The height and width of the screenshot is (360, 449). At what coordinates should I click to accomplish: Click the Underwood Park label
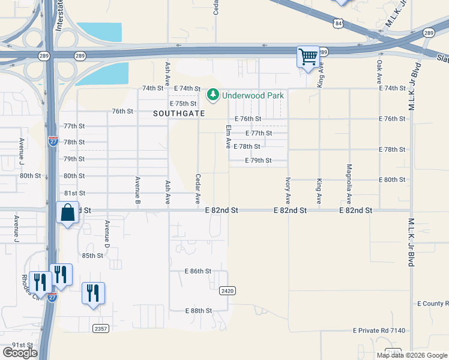point(253,95)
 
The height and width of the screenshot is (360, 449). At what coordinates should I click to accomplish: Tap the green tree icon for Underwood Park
point(212,95)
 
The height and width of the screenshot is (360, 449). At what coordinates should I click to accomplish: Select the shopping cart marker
point(308,58)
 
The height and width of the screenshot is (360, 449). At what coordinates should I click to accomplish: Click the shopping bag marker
point(67,213)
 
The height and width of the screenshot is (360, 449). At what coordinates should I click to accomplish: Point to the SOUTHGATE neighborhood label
point(179,113)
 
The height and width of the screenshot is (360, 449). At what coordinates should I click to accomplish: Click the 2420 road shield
point(227,290)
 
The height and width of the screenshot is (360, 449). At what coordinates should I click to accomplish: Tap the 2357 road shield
point(101,328)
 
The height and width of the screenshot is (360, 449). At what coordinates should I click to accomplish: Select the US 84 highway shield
point(340,24)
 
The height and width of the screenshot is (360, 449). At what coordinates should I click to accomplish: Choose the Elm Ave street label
point(228,137)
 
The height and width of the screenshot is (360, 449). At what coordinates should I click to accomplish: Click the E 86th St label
point(199,271)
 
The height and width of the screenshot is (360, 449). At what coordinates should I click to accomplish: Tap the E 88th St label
point(199,310)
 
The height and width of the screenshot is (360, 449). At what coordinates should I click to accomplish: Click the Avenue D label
point(107,235)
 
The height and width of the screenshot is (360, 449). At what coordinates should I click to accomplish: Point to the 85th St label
point(92,256)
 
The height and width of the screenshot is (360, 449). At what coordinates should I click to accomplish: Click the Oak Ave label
point(379,71)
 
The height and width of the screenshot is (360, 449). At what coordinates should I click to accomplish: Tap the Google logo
point(20,353)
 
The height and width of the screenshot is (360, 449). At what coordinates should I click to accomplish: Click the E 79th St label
point(258,160)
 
